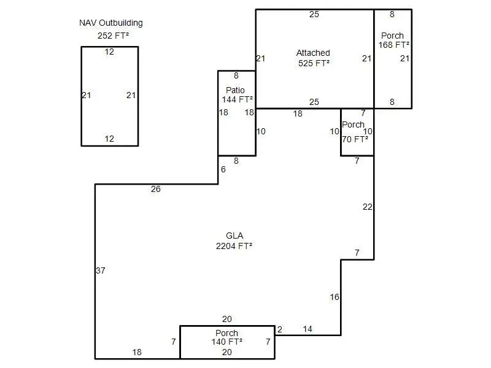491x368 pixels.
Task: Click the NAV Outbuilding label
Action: click(x=110, y=23)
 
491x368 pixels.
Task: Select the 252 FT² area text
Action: click(x=113, y=36)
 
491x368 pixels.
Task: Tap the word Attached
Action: click(x=313, y=53)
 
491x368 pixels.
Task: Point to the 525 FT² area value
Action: click(x=314, y=64)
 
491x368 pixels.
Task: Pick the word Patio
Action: click(x=236, y=90)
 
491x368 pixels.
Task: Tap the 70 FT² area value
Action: click(x=355, y=139)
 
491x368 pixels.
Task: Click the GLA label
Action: click(x=234, y=236)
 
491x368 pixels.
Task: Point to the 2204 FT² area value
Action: click(x=234, y=246)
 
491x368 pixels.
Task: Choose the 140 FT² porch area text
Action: click(x=226, y=342)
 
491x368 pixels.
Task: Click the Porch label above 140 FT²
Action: click(x=226, y=333)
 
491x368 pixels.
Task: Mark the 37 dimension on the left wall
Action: click(x=101, y=270)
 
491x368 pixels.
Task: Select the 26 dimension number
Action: click(x=155, y=190)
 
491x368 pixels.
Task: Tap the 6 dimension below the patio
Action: click(x=223, y=169)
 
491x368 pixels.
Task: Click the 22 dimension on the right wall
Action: click(x=367, y=207)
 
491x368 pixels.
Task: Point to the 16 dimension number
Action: click(x=334, y=297)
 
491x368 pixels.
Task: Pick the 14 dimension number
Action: click(x=307, y=329)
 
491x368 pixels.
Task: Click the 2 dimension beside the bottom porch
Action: click(x=280, y=329)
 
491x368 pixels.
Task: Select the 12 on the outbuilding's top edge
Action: click(x=109, y=52)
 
